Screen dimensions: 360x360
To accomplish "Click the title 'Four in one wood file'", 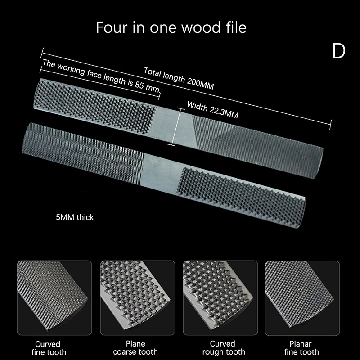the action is tap(171, 27).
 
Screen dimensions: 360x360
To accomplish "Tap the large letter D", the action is tap(339, 51).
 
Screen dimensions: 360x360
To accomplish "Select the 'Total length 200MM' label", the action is tap(179, 78).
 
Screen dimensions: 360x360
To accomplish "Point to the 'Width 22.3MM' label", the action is tap(212, 109).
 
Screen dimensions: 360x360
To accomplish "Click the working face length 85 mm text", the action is tap(101, 76).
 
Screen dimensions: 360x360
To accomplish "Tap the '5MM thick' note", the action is tap(75, 217).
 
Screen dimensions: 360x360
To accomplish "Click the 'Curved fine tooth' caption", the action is tap(49, 348).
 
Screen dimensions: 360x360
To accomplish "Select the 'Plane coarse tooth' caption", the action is tap(135, 347).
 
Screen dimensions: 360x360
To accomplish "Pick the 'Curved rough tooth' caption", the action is tap(223, 347).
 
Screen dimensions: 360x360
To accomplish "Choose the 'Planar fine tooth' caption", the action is tap(301, 348).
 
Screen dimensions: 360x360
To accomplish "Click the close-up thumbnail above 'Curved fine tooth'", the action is tap(54, 298).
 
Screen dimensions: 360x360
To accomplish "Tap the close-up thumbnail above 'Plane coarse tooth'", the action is tap(138, 298).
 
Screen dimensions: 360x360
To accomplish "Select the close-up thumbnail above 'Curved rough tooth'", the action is tap(220, 298).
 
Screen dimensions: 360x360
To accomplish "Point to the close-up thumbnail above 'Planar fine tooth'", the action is tap(302, 298).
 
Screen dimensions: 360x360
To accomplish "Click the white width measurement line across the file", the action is tap(176, 127).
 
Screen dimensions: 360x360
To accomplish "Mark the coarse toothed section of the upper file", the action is tap(94, 105).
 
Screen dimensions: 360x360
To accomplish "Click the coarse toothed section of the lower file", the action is tap(242, 198).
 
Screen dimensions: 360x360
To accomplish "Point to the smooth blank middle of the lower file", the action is tap(161, 173).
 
